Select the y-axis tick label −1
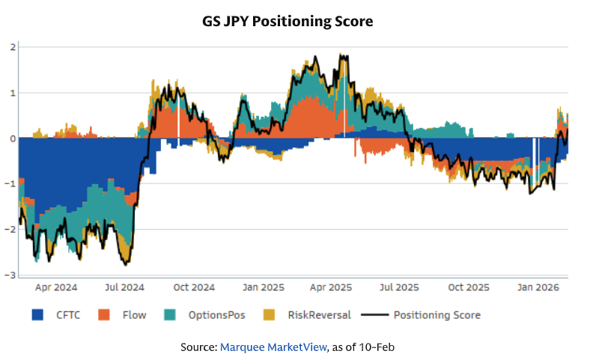(10, 184)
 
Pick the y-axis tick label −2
(10, 230)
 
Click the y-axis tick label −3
(10, 275)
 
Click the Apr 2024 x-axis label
(57, 287)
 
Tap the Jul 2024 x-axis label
(125, 287)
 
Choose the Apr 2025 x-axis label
(330, 287)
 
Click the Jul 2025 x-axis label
(398, 287)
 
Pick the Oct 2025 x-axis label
(467, 287)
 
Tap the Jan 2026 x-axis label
(536, 287)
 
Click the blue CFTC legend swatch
(38, 315)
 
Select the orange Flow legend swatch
(106, 315)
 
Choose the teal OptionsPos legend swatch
(168, 315)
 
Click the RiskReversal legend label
(319, 315)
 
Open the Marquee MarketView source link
(273, 347)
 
